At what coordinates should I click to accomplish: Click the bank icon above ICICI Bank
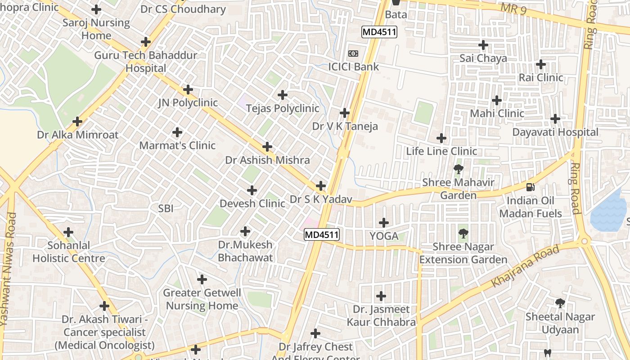click(353, 54)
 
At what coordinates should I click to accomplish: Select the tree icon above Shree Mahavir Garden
click(459, 170)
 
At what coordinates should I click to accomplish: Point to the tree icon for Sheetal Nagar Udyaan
click(560, 303)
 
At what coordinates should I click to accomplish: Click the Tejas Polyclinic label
click(283, 108)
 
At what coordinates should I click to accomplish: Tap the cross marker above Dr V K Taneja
click(345, 112)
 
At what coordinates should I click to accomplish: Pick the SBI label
click(166, 208)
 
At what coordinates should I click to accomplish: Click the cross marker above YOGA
click(384, 222)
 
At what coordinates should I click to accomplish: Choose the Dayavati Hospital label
click(556, 132)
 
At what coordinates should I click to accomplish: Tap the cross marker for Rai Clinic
click(541, 64)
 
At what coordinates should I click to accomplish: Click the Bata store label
click(396, 14)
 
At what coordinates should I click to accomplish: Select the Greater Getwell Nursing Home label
click(202, 299)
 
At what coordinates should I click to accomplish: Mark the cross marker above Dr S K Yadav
click(321, 185)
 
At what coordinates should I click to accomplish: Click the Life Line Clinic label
click(441, 151)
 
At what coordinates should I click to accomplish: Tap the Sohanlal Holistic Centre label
click(69, 252)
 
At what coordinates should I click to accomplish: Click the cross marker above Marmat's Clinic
click(178, 132)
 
